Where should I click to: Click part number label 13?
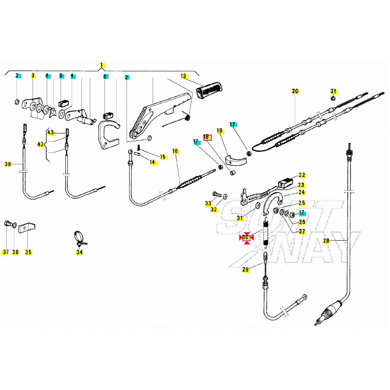pyautogui.click(x=183, y=76)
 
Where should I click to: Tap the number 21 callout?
pyautogui.click(x=334, y=91)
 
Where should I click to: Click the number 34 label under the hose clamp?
pyautogui.click(x=79, y=252)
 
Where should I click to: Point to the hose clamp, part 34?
pyautogui.click(x=79, y=238)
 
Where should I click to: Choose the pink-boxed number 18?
pyautogui.click(x=207, y=137)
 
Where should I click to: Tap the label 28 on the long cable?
pyautogui.click(x=326, y=241)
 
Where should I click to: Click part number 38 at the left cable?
pyautogui.click(x=8, y=164)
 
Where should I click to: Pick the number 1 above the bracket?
pyautogui.click(x=101, y=65)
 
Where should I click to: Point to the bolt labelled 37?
pyautogui.click(x=7, y=224)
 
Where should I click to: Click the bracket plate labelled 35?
pyautogui.click(x=27, y=227)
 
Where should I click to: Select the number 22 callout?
pyautogui.click(x=302, y=175)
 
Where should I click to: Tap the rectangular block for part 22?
pyautogui.click(x=285, y=182)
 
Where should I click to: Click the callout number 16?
pyautogui.click(x=175, y=151)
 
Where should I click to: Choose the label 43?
pyautogui.click(x=51, y=133)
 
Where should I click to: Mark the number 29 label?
pyautogui.click(x=246, y=270)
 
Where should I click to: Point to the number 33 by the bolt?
pyautogui.click(x=208, y=204)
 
